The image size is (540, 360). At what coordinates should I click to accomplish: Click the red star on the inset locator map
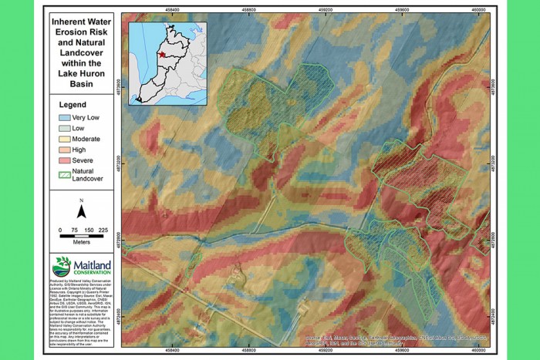pos(159,56)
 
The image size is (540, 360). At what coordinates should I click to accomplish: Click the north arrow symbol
pos(82,210)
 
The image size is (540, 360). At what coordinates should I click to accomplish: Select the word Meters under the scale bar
pos(82,240)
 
